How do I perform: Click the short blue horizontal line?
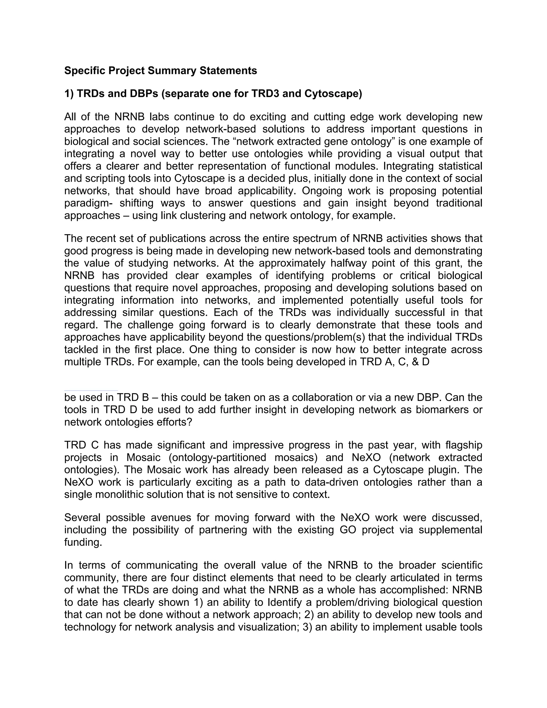coord(91,391)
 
